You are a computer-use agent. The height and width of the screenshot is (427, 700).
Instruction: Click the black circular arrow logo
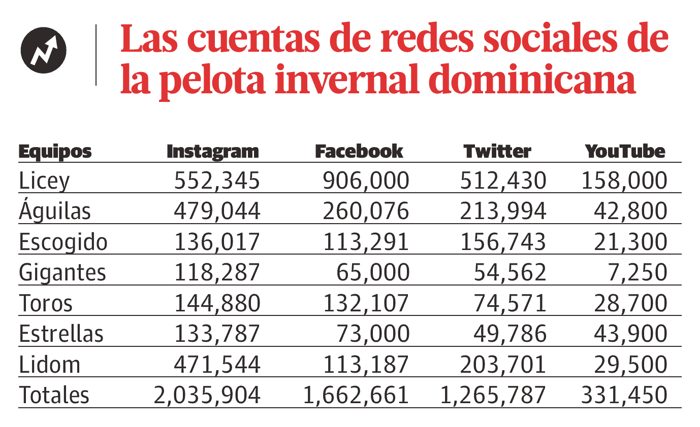(44, 50)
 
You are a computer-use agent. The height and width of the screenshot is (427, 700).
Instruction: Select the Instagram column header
(213, 152)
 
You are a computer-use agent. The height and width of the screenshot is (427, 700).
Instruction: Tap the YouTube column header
(625, 151)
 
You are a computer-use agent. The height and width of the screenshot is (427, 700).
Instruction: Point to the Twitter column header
(497, 151)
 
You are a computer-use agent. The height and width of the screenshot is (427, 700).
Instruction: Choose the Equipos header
(55, 152)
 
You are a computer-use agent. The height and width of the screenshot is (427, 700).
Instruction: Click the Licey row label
(44, 181)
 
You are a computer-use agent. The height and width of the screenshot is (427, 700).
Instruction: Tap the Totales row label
(54, 395)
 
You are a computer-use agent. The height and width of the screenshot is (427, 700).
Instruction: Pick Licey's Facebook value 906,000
(366, 181)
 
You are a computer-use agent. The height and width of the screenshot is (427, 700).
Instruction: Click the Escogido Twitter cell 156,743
(503, 242)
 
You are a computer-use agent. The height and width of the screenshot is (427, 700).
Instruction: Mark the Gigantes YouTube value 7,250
(638, 273)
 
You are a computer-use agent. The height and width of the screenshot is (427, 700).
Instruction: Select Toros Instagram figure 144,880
(217, 303)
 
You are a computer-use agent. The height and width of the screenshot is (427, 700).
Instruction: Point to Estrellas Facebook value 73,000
(373, 334)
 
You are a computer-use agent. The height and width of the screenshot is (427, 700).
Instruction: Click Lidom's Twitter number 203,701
(503, 364)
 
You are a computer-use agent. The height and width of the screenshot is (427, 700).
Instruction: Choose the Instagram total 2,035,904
(207, 395)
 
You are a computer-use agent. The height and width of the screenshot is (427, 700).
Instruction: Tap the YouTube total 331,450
(624, 395)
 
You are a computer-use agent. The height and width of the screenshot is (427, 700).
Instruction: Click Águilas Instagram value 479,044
(217, 211)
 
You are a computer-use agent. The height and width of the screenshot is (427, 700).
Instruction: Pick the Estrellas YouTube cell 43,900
(630, 334)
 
